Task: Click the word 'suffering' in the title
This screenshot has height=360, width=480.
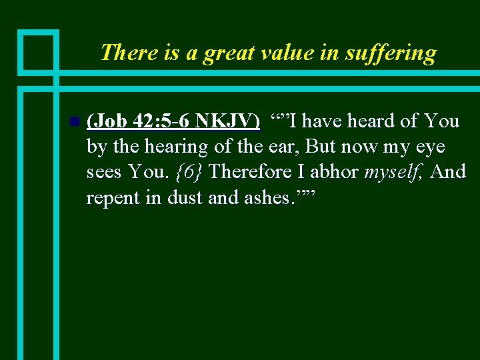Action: click(x=391, y=52)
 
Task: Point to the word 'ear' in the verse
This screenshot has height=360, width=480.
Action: click(x=283, y=147)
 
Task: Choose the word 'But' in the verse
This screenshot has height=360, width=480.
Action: click(x=320, y=147)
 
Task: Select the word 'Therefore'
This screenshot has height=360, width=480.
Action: click(x=248, y=172)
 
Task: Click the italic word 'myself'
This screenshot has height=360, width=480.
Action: click(x=393, y=173)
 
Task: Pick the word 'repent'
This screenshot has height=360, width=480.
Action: click(x=113, y=198)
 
